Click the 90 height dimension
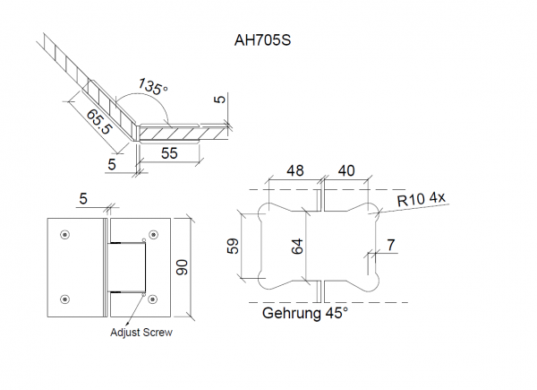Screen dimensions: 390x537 (183, 266)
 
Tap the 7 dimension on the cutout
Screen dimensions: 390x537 (390, 243)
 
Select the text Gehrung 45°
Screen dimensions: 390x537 (304, 314)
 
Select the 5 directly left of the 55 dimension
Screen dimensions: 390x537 (112, 164)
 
